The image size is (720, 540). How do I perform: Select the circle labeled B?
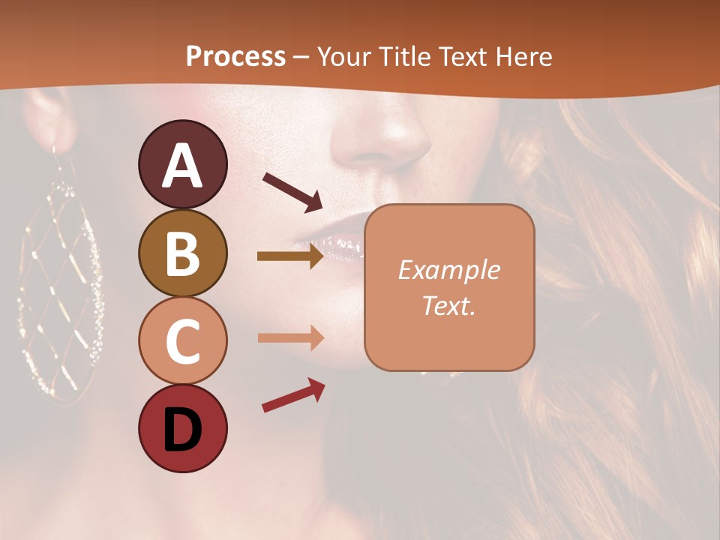183,253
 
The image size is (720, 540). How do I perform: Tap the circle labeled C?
183,340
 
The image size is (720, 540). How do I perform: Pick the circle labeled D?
183,428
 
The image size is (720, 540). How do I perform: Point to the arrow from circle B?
290,256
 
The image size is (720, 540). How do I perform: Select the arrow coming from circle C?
290,337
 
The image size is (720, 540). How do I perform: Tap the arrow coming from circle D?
293,395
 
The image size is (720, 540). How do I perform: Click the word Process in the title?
235,56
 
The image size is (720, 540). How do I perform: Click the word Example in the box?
448,270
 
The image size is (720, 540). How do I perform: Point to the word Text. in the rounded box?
448,305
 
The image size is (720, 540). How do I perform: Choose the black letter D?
183,430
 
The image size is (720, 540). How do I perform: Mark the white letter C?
183,342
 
